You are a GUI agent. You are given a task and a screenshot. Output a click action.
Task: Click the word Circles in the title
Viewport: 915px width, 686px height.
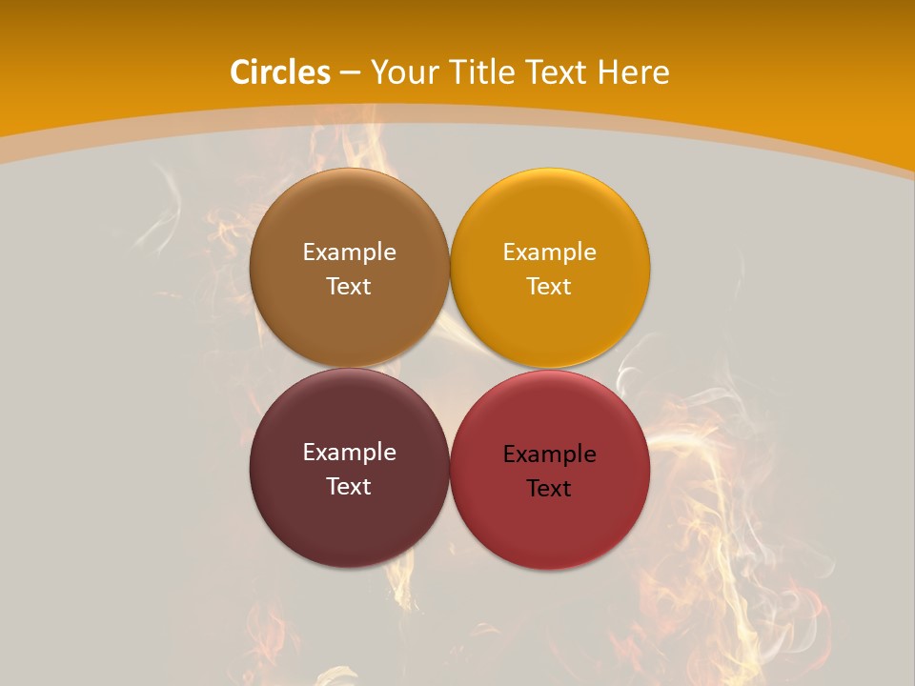tap(280, 72)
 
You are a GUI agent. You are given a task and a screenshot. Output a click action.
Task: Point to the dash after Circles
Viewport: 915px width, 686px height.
tap(350, 73)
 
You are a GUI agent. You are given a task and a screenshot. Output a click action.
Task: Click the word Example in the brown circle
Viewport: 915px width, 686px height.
tap(349, 252)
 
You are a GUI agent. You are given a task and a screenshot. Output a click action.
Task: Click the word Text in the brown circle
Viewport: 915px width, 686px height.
tap(349, 287)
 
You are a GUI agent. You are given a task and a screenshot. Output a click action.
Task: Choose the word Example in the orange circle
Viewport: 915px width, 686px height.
tap(549, 252)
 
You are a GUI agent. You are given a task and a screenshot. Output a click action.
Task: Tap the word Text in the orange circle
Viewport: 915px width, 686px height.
tap(549, 287)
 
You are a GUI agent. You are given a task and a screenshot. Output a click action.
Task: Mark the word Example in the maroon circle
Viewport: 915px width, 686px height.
tap(349, 453)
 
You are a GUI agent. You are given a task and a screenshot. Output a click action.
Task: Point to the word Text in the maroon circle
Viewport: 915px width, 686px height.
tap(349, 487)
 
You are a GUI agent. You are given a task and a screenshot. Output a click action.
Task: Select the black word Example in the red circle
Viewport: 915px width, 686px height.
tap(549, 454)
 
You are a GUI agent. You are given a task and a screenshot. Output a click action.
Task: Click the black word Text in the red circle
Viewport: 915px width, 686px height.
tap(549, 489)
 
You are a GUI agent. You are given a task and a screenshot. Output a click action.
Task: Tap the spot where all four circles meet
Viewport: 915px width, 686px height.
tap(450, 369)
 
